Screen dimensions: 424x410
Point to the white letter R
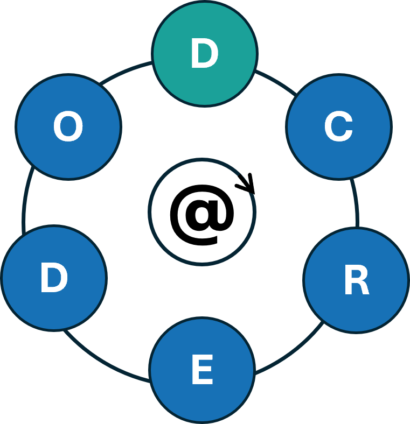[x=356, y=281]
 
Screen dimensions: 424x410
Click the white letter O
[x=68, y=128]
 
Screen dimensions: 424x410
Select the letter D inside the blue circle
[x=54, y=278]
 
